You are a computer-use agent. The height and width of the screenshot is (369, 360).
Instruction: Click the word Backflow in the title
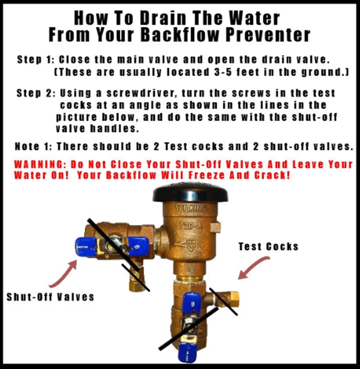tap(180, 35)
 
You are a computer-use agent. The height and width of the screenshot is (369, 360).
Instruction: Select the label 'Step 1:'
tap(36, 60)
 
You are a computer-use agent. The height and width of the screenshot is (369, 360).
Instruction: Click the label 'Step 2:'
tap(36, 93)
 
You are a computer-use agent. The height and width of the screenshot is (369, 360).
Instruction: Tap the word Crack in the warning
tap(272, 175)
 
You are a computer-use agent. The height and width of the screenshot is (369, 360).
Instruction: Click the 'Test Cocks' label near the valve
tap(268, 247)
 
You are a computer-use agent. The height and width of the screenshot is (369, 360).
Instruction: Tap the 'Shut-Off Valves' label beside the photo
tap(50, 297)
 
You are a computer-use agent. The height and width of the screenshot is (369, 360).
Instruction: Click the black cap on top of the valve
tap(190, 193)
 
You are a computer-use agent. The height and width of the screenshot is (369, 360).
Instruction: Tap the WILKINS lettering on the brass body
tap(191, 208)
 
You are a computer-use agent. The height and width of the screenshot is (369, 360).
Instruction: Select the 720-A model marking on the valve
tap(190, 226)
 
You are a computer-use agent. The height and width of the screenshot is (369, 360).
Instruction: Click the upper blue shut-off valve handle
tap(112, 246)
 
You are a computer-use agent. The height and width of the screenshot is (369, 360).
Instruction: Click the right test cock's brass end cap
tap(234, 299)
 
